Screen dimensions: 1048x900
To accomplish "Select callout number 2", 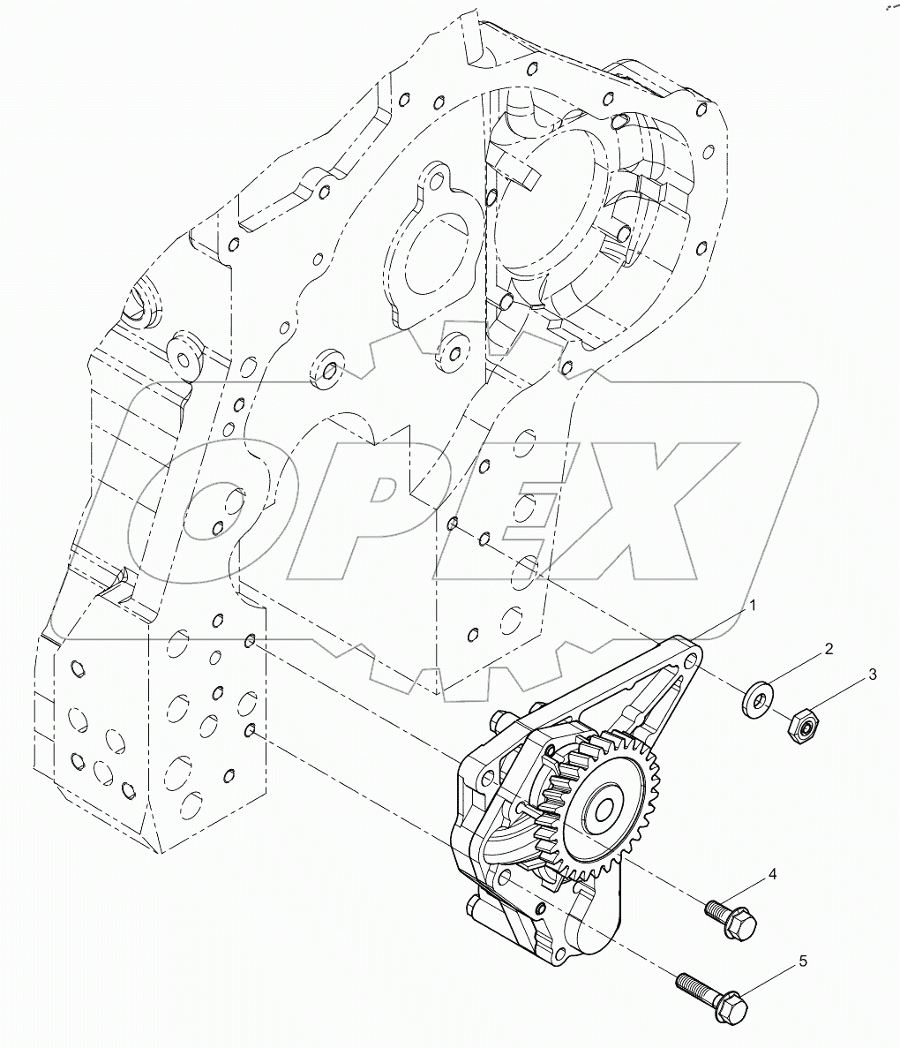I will tap(829, 649).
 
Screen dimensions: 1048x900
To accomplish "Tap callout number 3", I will tap(872, 675).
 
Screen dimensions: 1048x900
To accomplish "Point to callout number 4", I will tap(771, 874).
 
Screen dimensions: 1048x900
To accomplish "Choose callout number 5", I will tap(803, 961).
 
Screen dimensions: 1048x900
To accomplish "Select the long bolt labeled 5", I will tap(715, 993).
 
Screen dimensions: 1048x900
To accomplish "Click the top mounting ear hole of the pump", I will tap(691, 658).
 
